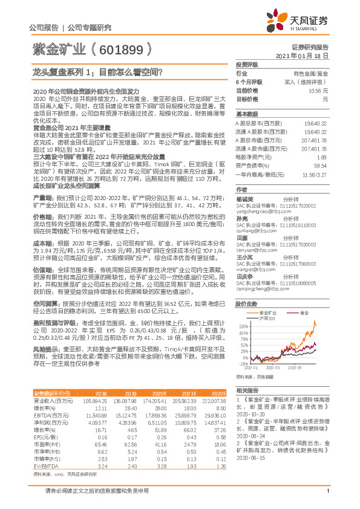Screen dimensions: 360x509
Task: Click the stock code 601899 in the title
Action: point(122,50)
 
